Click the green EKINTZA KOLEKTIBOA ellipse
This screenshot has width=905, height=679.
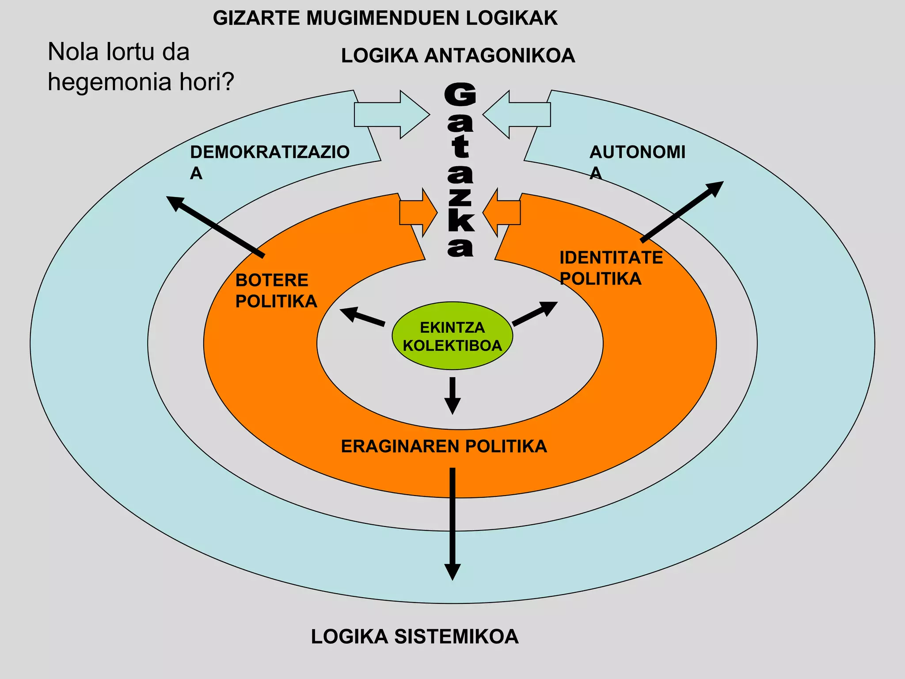[x=452, y=336]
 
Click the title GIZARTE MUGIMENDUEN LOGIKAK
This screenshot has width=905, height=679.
[x=385, y=18]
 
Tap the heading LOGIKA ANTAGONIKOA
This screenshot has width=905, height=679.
[x=458, y=56]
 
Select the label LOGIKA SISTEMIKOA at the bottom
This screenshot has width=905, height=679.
[x=414, y=637]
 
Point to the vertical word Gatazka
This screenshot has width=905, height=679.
[x=460, y=170]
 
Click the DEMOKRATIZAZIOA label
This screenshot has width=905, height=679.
[x=269, y=161]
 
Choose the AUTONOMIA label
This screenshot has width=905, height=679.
[x=637, y=161]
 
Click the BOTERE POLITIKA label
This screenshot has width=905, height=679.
[x=276, y=290]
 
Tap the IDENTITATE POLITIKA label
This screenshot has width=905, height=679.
[x=611, y=268]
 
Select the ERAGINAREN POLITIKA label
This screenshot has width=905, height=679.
[x=444, y=446]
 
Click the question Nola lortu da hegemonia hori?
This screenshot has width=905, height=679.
[x=141, y=67]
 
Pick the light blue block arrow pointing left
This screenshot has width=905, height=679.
[x=517, y=114]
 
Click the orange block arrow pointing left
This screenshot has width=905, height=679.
[x=502, y=213]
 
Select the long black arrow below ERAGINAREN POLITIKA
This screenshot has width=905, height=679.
[x=452, y=522]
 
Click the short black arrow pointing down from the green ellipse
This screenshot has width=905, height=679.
[x=452, y=395]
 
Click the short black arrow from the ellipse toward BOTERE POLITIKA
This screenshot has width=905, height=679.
[x=362, y=317]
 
